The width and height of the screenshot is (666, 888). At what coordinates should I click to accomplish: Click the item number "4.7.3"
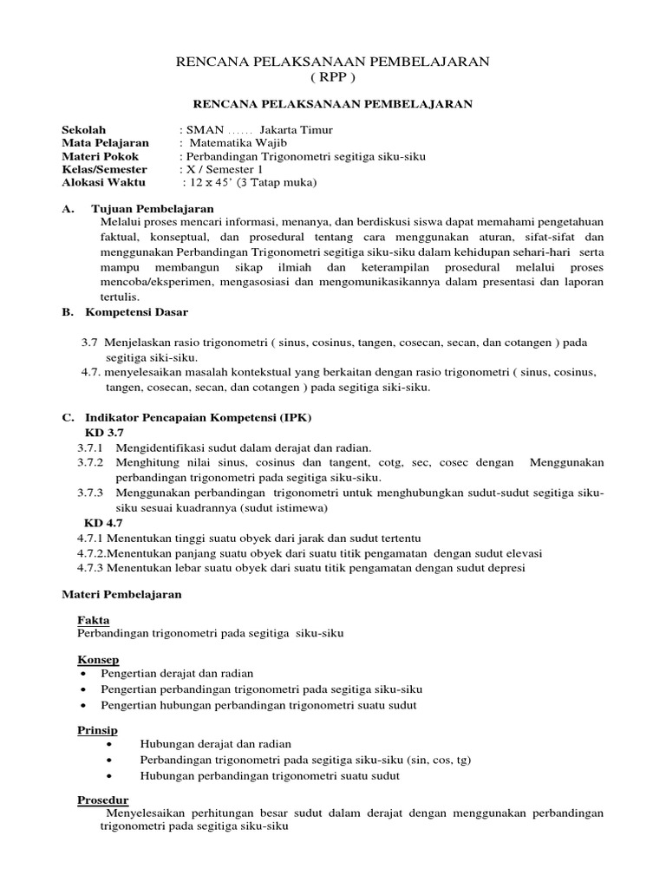point(91,568)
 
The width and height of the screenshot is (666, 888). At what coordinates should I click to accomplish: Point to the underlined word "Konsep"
point(97,660)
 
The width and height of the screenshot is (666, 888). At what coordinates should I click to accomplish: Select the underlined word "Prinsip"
point(97,730)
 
